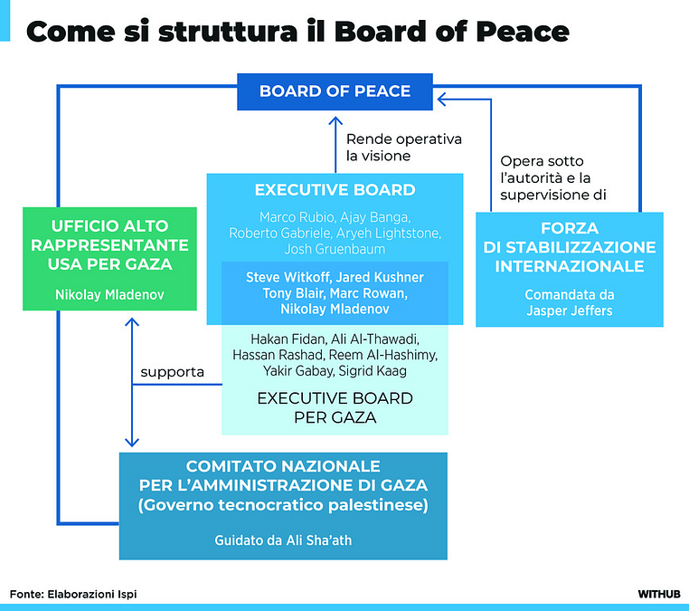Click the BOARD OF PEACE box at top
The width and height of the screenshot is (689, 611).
click(x=335, y=91)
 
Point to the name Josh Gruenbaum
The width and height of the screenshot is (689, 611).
click(x=335, y=249)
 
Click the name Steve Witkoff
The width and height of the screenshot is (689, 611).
click(x=288, y=276)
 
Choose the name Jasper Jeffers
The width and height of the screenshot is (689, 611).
click(x=569, y=310)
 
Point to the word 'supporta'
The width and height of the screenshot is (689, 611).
click(x=173, y=371)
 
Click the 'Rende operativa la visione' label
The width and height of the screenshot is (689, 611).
click(x=403, y=147)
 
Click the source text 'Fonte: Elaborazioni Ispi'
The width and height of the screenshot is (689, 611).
click(x=74, y=594)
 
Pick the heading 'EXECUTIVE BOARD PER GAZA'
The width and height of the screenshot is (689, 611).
click(x=335, y=408)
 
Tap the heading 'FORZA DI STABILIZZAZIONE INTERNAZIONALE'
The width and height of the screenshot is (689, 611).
click(x=569, y=247)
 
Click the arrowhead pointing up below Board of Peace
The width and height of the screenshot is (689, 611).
click(x=335, y=122)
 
